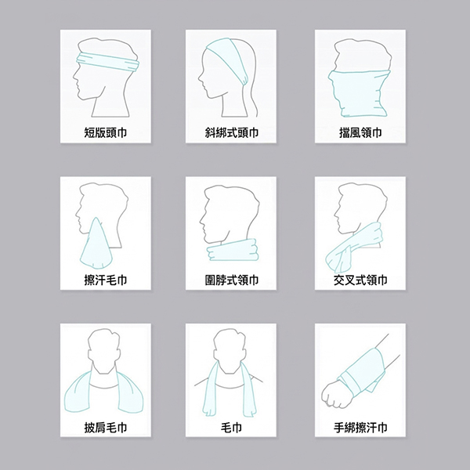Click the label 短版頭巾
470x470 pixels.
106,132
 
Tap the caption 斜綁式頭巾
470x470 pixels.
231,132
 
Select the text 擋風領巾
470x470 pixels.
360,132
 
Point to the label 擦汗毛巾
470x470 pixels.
106,280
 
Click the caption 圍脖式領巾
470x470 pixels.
231,280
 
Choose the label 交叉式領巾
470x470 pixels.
360,280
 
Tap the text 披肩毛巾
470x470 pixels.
106,428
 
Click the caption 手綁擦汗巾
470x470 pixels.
360,428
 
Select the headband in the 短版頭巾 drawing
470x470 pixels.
108,62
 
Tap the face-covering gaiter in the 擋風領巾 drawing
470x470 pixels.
360,93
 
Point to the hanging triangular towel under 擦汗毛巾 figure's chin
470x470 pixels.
96,246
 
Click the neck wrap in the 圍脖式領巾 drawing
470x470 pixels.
233,251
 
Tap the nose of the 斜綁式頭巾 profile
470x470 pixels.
200,78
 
